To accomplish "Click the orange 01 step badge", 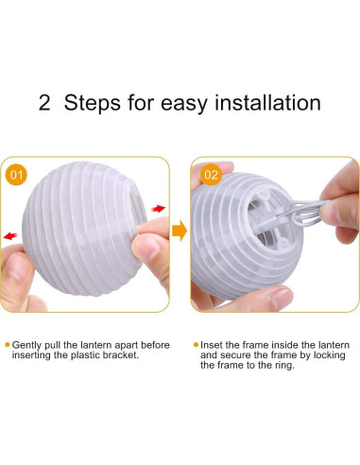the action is [x=16, y=175].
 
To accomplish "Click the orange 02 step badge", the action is [x=212, y=175].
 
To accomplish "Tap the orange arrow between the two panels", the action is [x=180, y=231].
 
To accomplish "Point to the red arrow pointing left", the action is [x=10, y=235].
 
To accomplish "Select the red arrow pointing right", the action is [x=158, y=208].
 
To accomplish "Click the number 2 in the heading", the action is [x=44, y=103].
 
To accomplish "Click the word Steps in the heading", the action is [x=93, y=103].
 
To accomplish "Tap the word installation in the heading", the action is [x=267, y=102].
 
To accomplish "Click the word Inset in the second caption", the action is [x=211, y=345].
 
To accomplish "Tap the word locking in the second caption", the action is [x=330, y=355].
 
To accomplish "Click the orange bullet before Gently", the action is [x=8, y=345].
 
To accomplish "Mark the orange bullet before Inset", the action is [x=196, y=345].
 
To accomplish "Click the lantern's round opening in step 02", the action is [x=267, y=219].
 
